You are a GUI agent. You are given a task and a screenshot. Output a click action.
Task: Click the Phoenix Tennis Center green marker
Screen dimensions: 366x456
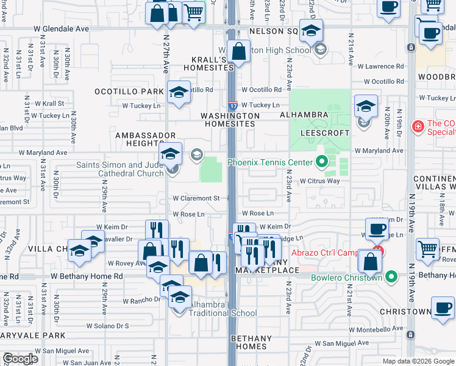pos(322,162)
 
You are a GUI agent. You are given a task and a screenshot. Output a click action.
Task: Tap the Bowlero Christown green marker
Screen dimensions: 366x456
pos(393,278)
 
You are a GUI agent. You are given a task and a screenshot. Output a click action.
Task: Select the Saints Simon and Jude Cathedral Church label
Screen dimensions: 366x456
pos(119,169)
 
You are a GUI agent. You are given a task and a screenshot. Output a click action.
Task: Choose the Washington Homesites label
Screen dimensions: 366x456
pos(230,120)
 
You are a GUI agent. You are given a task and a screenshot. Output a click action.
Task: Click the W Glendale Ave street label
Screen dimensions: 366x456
pos(61,29)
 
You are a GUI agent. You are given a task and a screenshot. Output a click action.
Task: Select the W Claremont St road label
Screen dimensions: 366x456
pos(196,198)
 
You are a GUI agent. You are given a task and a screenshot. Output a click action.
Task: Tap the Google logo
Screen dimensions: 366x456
pos(20,359)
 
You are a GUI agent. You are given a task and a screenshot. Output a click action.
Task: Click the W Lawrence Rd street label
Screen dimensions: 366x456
pos(380,66)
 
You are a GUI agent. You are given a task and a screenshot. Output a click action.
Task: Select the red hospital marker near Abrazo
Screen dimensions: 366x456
pos(379,249)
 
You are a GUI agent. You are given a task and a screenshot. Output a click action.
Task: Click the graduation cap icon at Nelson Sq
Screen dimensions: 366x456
pos(311,30)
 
